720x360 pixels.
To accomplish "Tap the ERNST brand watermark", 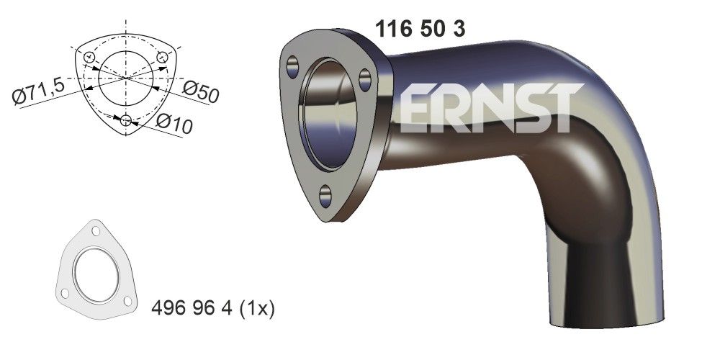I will tap(490, 109).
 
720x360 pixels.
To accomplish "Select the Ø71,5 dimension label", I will tap(40, 91).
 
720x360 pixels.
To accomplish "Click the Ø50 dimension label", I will tap(200, 91).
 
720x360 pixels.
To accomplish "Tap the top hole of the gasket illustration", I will tap(94, 230).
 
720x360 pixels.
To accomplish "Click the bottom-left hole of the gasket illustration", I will tap(66, 294).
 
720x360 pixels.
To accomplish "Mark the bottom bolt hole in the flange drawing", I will tap(127, 120).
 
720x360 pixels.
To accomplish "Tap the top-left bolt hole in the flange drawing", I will tap(89, 57).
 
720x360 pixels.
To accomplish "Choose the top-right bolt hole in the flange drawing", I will tap(163, 57).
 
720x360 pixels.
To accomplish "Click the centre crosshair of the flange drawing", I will tap(127, 78).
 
